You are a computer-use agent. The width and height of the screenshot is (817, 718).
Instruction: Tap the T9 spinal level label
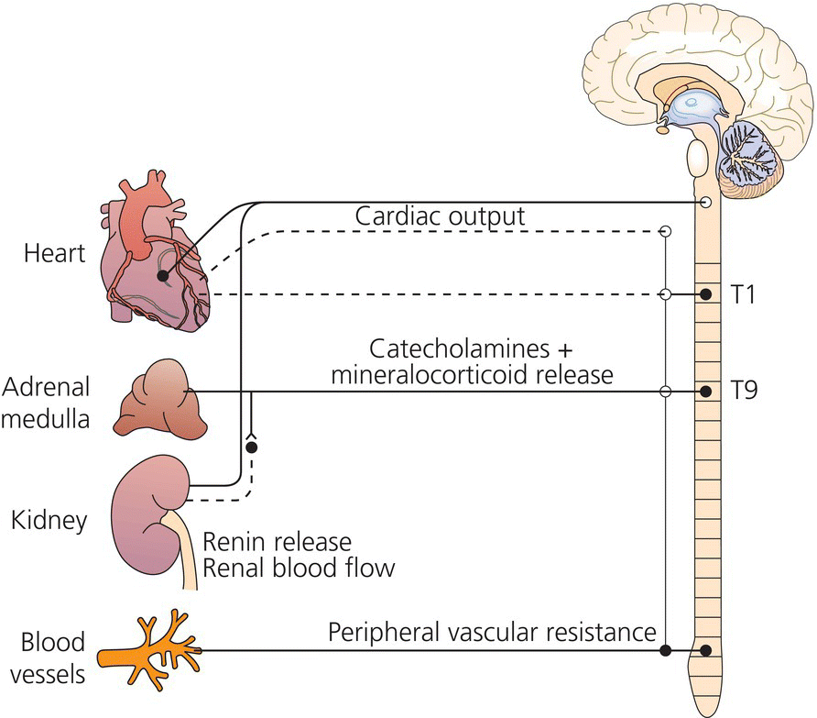click(743, 392)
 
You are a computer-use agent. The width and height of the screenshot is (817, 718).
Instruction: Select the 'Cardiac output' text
click(441, 217)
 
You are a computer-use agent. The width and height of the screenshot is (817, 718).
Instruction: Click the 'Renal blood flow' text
click(300, 568)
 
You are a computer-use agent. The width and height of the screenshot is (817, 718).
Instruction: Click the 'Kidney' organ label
click(50, 521)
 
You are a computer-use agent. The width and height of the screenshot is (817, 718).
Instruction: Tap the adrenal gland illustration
click(156, 399)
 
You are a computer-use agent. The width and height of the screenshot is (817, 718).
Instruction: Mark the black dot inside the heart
click(162, 275)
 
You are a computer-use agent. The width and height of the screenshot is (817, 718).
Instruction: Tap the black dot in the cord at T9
click(706, 392)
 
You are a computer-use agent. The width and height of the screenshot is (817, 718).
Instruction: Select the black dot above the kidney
click(251, 447)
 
